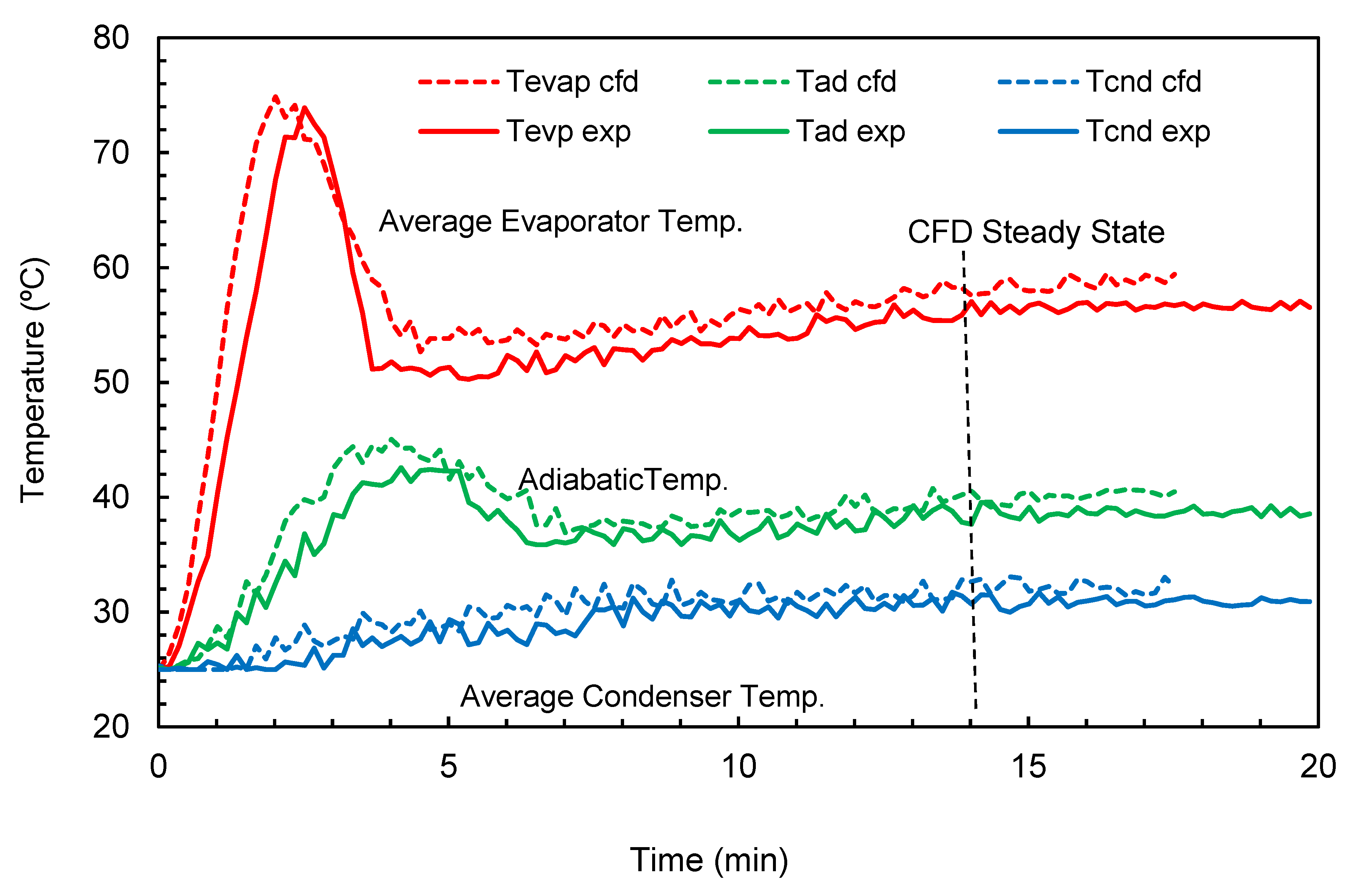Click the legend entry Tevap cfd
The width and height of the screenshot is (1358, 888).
coord(572,82)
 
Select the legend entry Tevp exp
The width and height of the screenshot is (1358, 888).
coord(568,131)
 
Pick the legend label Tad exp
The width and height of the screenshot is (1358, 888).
coord(850,131)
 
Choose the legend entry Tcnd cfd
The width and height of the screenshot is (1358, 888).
coord(1143,82)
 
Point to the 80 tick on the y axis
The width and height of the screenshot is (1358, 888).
coord(111,38)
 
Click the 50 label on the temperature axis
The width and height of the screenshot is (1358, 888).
coord(111,383)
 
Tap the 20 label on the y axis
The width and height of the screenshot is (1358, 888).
coord(111,726)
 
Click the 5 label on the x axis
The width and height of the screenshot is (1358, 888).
coord(449,766)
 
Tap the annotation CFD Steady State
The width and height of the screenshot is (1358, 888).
coord(1036,232)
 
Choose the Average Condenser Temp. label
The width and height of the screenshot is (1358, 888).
coord(642,696)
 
